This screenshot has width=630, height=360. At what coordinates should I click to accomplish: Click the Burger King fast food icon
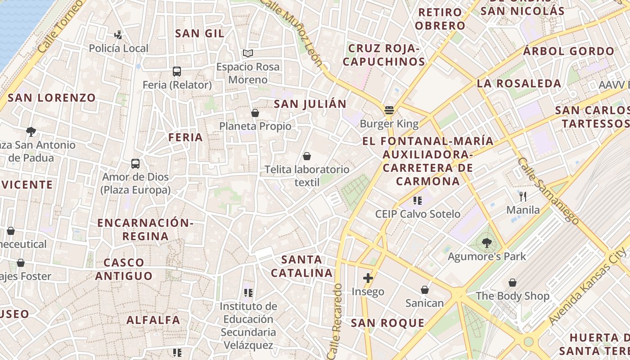pyautogui.click(x=389, y=110)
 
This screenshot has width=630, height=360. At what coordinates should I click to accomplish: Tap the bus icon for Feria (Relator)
pyautogui.click(x=177, y=72)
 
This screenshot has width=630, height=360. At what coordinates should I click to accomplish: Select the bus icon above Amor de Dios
pyautogui.click(x=135, y=164)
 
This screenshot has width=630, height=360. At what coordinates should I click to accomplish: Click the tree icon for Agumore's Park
pyautogui.click(x=486, y=243)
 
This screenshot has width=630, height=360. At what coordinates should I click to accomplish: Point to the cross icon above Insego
pyautogui.click(x=368, y=278)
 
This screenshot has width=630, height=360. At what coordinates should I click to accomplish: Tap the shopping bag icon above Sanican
pyautogui.click(x=424, y=290)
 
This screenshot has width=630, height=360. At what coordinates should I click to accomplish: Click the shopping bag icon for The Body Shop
pyautogui.click(x=512, y=283)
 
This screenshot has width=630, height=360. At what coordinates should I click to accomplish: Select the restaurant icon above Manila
pyautogui.click(x=522, y=197)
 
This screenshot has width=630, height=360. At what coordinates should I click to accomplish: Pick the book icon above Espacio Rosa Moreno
pyautogui.click(x=247, y=54)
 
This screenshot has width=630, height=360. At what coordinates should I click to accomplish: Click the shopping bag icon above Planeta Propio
pyautogui.click(x=255, y=113)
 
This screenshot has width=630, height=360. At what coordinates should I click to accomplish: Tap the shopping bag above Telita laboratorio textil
pyautogui.click(x=307, y=156)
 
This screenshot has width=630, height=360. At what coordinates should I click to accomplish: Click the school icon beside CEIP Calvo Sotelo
pyautogui.click(x=417, y=201)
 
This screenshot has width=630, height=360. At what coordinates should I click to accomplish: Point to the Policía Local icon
pyautogui.click(x=118, y=35)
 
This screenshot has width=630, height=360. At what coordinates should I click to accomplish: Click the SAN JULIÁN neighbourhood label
pyautogui.click(x=310, y=104)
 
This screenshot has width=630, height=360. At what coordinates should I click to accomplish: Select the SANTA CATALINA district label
pyautogui.click(x=301, y=266)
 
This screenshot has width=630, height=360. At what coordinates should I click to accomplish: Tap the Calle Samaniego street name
pyautogui.click(x=547, y=190)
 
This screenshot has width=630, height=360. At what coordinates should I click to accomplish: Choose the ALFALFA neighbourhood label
pyautogui.click(x=153, y=320)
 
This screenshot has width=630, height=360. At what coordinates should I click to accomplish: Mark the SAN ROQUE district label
pyautogui.click(x=387, y=323)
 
